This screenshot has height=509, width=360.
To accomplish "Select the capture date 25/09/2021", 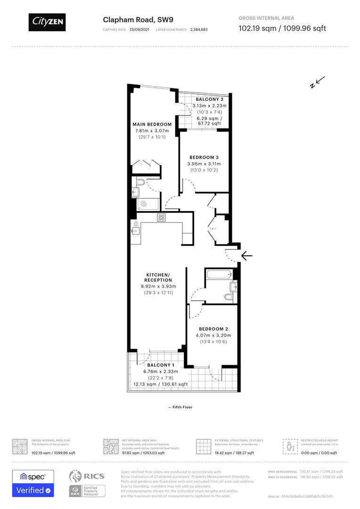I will pyautogui.click(x=139, y=29).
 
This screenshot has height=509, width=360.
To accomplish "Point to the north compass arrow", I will pyautogui.click(x=316, y=82).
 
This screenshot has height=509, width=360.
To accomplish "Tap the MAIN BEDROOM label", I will pyautogui.click(x=152, y=124).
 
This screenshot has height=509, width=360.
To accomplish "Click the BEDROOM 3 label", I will pyautogui.click(x=204, y=157).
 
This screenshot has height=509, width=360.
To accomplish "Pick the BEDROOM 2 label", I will pyautogui.click(x=213, y=329).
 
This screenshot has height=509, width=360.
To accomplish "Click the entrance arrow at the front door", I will pyautogui.click(x=247, y=256).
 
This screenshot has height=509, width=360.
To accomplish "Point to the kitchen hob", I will pyautogui.click(x=161, y=217).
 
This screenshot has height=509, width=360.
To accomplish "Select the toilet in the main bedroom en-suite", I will pyautogui.click(x=140, y=182).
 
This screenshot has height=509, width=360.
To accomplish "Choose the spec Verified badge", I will pyautogui.click(x=33, y=483).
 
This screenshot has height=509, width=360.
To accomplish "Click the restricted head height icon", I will pyautogui.click(x=288, y=445).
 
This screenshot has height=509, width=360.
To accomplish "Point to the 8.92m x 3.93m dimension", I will pyautogui.click(x=158, y=286).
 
